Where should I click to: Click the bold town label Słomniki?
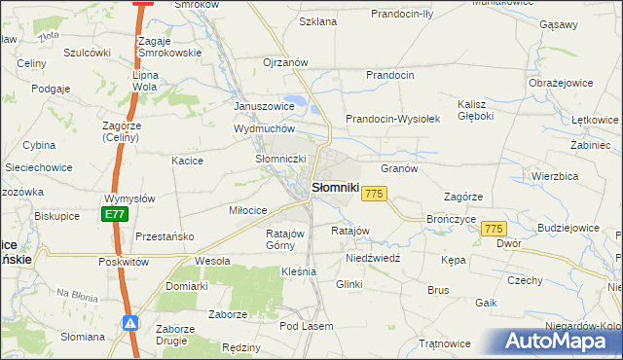tap(336, 187)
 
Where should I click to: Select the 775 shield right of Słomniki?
tap(375, 195)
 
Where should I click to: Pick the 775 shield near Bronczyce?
tap(495, 228)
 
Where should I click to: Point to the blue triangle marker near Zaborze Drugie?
tap(129, 324)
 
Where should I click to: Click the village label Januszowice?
tap(264, 106)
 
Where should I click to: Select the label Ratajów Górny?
tap(286, 239)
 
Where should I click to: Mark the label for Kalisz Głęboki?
tap(476, 110)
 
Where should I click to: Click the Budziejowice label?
tap(567, 228)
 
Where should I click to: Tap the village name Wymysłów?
tap(129, 198)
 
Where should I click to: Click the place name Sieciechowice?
tap(39, 167)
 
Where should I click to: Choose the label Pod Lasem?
tap(307, 326)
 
